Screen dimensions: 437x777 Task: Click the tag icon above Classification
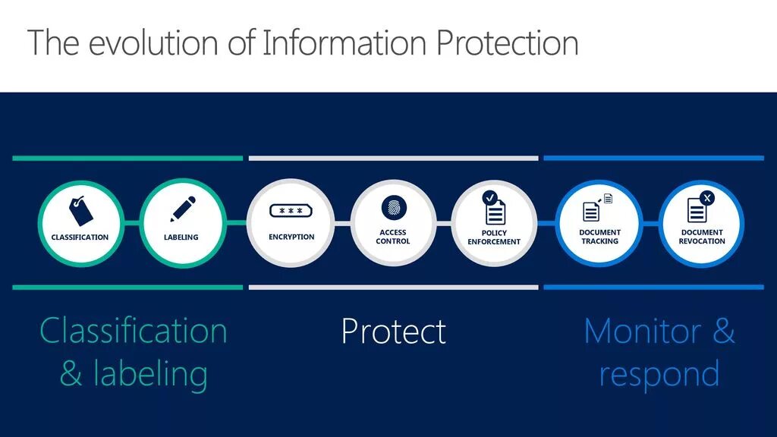(80, 210)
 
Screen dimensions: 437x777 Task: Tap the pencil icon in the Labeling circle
(182, 209)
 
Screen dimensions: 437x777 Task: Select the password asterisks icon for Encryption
(291, 212)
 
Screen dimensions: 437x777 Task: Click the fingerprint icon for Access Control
(394, 206)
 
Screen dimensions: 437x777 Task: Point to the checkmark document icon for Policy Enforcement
(494, 208)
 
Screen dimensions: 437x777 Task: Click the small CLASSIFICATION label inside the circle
(80, 237)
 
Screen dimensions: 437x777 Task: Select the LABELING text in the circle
(181, 237)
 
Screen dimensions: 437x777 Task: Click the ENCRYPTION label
(291, 237)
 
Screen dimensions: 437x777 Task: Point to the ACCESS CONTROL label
(393, 237)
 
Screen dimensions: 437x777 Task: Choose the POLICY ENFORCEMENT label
(494, 237)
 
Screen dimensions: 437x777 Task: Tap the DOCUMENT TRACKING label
(599, 237)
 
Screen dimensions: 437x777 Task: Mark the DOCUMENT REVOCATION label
(702, 237)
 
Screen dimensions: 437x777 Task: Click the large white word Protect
(393, 332)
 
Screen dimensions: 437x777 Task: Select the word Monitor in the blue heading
(642, 332)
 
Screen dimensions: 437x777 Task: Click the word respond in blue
(659, 374)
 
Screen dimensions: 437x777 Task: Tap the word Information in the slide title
(345, 42)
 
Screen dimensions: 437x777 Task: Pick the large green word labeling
(150, 374)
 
